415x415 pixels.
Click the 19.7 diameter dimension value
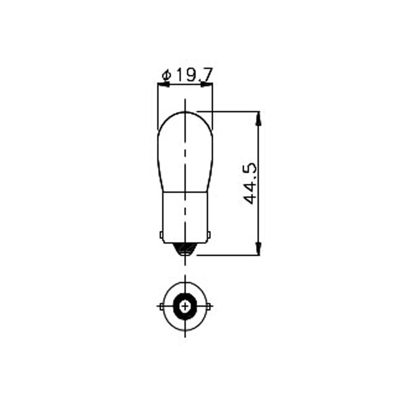click(194, 75)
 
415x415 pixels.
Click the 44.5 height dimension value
click(250, 183)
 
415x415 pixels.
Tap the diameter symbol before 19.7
click(167, 75)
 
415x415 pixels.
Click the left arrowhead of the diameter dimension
click(163, 85)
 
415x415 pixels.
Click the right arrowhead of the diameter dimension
click(206, 85)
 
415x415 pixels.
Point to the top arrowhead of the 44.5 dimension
click(259, 118)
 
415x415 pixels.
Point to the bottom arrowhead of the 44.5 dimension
click(259, 248)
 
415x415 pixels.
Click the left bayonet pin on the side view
click(161, 234)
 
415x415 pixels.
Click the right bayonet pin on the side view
click(209, 234)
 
